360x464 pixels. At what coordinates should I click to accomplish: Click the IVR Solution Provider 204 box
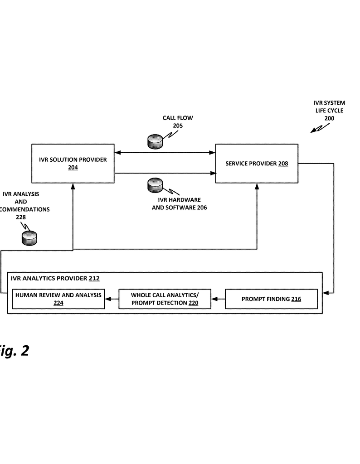tap(73, 164)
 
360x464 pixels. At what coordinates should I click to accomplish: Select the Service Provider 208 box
tap(257, 164)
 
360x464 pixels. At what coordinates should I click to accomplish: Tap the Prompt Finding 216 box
tap(271, 299)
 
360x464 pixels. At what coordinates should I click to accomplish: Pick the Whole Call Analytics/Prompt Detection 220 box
tap(165, 299)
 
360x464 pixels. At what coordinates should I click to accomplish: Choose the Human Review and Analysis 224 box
tap(58, 299)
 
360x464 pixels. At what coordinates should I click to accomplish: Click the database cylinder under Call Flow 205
tap(155, 141)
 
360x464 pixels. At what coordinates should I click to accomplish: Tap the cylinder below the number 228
tap(29, 237)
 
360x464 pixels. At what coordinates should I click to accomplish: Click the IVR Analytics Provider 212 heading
tap(54, 279)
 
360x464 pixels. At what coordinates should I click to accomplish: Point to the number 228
tap(21, 217)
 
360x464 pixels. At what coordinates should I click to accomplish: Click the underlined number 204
tap(73, 168)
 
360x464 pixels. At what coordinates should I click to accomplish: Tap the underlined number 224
tap(58, 303)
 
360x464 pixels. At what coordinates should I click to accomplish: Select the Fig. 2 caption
tap(14, 350)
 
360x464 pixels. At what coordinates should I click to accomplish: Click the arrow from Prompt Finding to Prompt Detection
tap(218, 299)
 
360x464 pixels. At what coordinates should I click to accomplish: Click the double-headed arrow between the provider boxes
tap(165, 153)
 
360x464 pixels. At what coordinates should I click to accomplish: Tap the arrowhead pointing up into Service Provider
tap(257, 186)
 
